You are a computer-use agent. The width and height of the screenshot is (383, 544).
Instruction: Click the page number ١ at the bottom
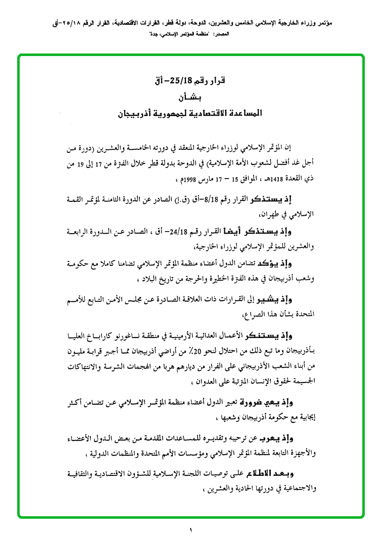(191, 530)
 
